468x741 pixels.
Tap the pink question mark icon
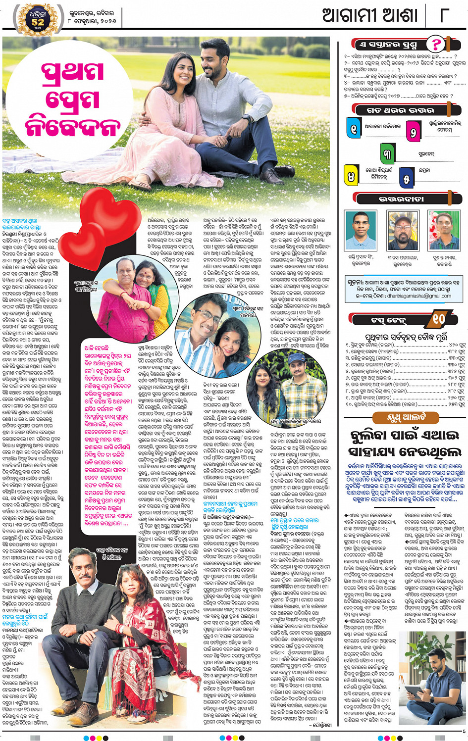[436, 44]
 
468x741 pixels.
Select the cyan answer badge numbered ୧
[354, 128]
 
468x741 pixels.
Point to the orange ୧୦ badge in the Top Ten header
[439, 319]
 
